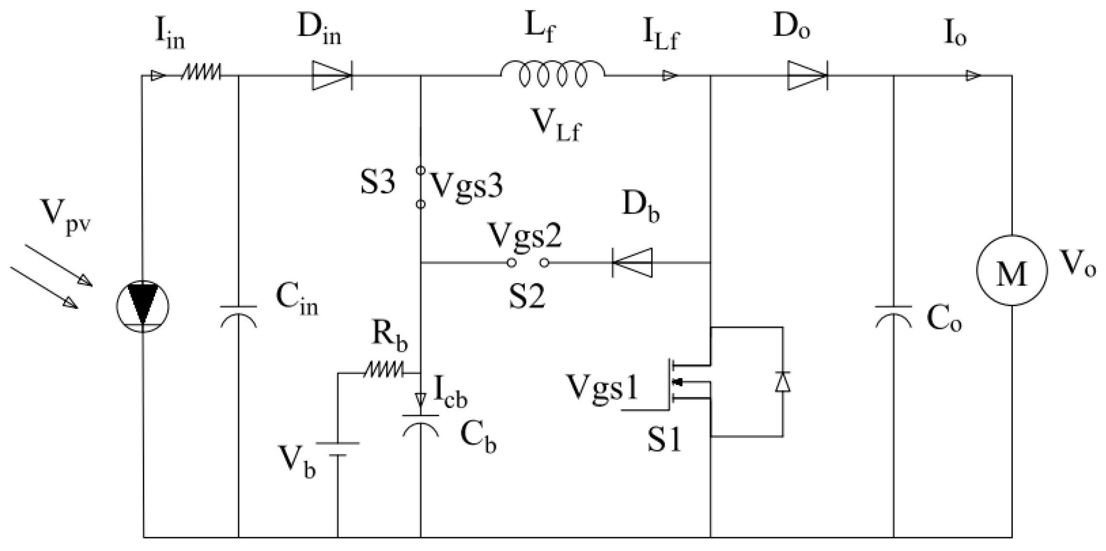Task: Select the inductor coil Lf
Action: (x=553, y=76)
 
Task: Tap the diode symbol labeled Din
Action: (x=332, y=76)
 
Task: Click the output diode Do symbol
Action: (x=806, y=76)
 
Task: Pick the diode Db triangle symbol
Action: (x=632, y=263)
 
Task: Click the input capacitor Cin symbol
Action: (x=238, y=315)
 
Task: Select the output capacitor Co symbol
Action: (x=893, y=315)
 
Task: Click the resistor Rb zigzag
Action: (x=383, y=372)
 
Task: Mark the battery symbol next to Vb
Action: (x=338, y=449)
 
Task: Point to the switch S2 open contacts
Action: (x=528, y=263)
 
